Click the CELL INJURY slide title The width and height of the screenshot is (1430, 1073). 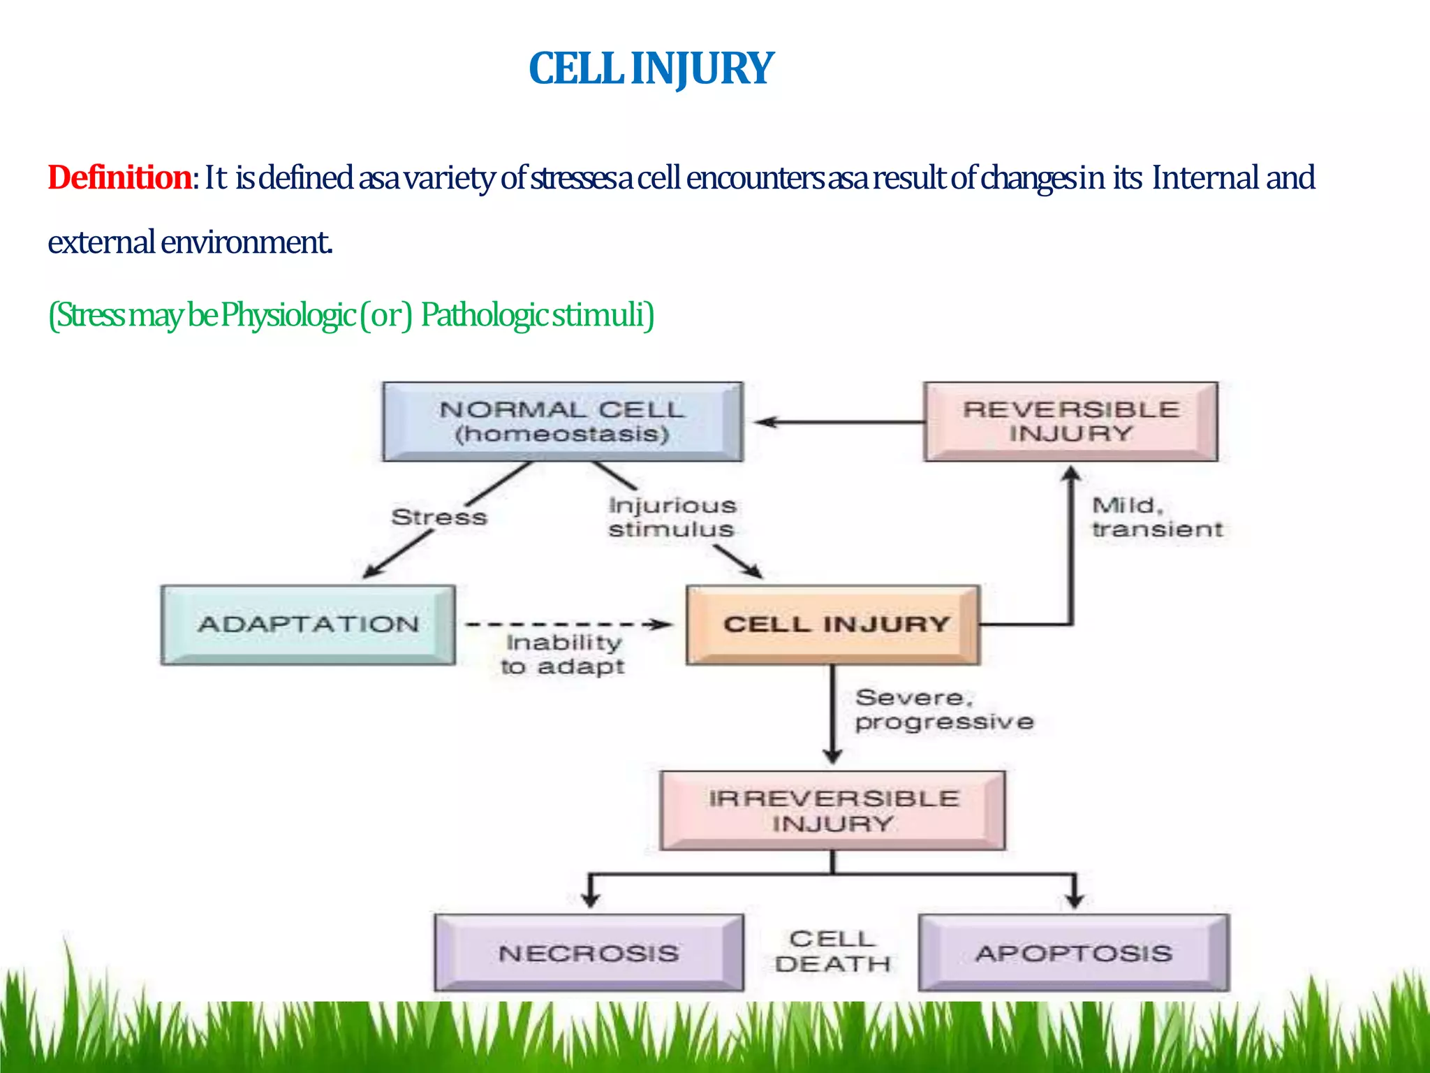pyautogui.click(x=651, y=68)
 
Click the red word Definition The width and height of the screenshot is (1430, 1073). pyautogui.click(x=119, y=177)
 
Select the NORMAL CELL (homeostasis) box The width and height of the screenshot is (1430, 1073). pyautogui.click(x=562, y=421)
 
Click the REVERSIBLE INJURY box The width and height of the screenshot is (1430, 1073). pyautogui.click(x=1070, y=421)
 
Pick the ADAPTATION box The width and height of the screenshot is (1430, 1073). pyautogui.click(x=308, y=625)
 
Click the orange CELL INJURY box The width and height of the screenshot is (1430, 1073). pyautogui.click(x=834, y=625)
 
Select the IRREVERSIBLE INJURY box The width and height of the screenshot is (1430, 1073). pyautogui.click(x=832, y=810)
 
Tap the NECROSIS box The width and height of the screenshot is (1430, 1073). pyautogui.click(x=589, y=953)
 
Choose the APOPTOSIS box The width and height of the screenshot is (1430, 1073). pyautogui.click(x=1074, y=953)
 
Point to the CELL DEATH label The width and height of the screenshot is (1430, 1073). pyautogui.click(x=832, y=951)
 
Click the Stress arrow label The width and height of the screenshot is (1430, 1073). pyautogui.click(x=439, y=517)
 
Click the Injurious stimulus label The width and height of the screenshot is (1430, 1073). pyautogui.click(x=672, y=517)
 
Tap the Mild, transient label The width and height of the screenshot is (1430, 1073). pyautogui.click(x=1157, y=517)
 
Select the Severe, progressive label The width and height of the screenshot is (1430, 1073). pyautogui.click(x=944, y=709)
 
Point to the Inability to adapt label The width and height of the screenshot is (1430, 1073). pyautogui.click(x=563, y=654)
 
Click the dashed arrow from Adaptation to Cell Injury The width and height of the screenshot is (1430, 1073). pyautogui.click(x=566, y=625)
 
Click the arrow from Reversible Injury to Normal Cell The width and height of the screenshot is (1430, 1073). pyautogui.click(x=838, y=422)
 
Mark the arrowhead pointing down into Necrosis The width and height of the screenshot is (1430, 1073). pyautogui.click(x=591, y=898)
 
